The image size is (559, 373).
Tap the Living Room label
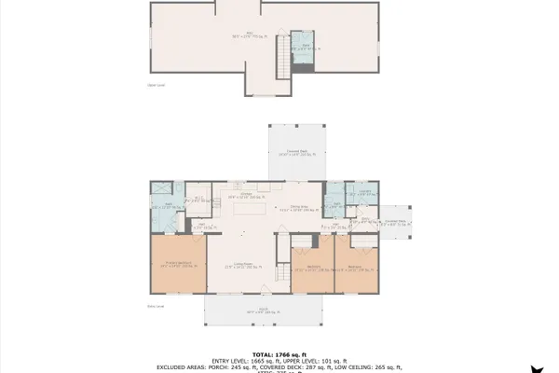pos(244,267)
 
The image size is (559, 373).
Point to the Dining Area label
pos(298,209)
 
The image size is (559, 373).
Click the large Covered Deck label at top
pos(299,153)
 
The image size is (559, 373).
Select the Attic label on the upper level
pos(250,35)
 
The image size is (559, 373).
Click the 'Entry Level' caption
pos(156,304)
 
